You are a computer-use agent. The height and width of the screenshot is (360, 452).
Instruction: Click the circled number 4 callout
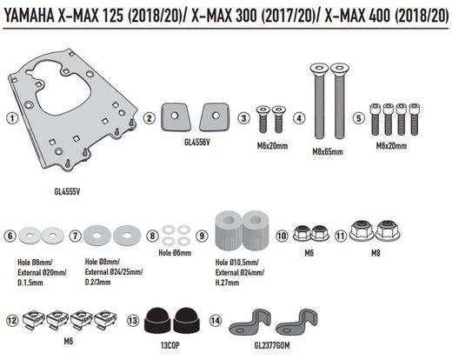297,118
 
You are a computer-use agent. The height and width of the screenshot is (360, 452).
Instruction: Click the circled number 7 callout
76,236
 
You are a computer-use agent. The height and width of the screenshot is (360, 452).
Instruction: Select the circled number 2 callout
150,118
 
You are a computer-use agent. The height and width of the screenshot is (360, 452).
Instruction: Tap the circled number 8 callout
152,236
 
